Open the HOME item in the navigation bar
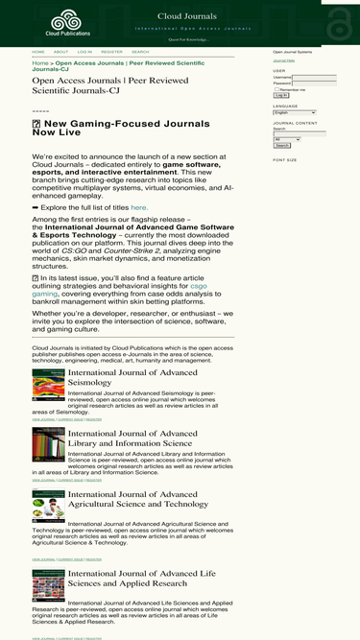click(38, 52)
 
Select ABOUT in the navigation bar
click(60, 52)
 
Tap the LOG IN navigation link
click(85, 52)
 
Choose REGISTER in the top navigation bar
click(111, 52)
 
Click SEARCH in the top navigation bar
click(140, 52)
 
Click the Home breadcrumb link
click(40, 63)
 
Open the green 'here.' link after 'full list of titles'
click(139, 207)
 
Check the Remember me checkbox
click(276, 89)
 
